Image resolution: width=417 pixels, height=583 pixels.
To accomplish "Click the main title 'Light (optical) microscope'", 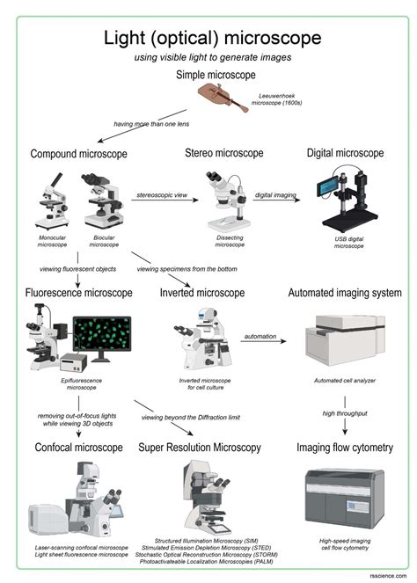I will pyautogui.click(x=208, y=38).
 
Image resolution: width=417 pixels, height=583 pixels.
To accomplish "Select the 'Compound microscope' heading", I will pyautogui.click(x=78, y=154).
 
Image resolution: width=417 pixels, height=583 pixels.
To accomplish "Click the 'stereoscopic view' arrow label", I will pyautogui.click(x=164, y=193).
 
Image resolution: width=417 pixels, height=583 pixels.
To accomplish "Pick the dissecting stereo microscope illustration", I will pyautogui.click(x=226, y=200).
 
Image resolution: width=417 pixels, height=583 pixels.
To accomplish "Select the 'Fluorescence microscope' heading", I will pyautogui.click(x=80, y=292).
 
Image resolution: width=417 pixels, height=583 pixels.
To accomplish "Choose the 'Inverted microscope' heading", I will pyautogui.click(x=202, y=292).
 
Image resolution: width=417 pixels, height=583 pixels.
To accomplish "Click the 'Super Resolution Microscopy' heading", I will pyautogui.click(x=200, y=448).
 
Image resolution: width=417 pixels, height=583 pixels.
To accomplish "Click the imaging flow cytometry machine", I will pyautogui.click(x=343, y=496).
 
